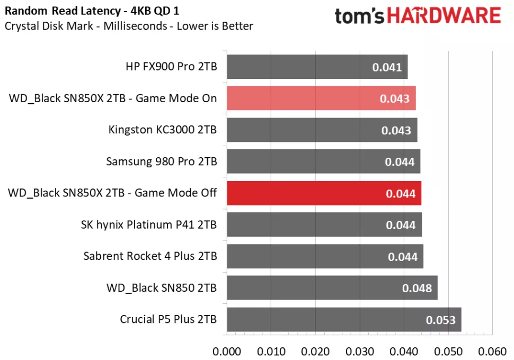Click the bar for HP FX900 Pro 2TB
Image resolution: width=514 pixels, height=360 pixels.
click(317, 67)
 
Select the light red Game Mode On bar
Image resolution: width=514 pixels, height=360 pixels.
click(321, 98)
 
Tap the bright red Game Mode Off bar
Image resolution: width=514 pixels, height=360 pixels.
click(324, 193)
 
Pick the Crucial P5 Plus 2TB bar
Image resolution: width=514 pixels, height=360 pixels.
click(344, 319)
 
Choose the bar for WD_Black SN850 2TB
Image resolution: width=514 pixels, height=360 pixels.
click(332, 288)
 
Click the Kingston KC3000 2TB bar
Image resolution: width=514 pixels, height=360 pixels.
click(322, 130)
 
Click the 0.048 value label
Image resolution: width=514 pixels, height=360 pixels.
click(417, 289)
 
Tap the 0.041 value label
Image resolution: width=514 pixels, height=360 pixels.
click(387, 67)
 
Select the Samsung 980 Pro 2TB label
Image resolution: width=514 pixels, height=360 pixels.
click(161, 161)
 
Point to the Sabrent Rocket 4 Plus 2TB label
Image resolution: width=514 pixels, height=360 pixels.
click(150, 256)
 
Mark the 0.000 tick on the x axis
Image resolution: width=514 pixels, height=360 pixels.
click(226, 351)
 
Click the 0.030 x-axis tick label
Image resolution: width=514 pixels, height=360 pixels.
click(360, 351)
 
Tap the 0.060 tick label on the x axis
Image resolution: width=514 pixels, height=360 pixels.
click(493, 351)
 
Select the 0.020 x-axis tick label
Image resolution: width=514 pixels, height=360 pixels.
click(315, 351)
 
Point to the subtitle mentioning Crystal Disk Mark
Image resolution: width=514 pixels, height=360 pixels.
click(129, 26)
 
